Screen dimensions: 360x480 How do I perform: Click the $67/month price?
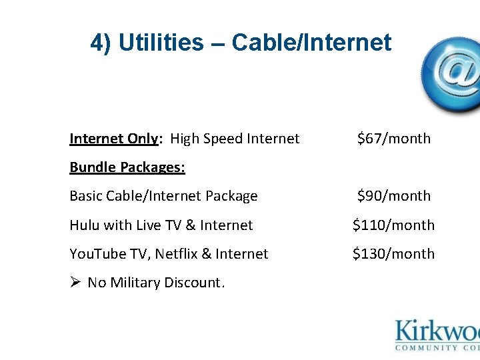point(393,139)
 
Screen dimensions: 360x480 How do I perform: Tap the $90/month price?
point(393,196)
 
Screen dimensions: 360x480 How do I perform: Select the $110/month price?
point(393,225)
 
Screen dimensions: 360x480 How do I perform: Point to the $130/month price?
point(393,254)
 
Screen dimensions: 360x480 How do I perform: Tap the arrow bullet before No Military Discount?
point(75,283)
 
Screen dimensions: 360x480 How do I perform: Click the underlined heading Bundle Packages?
point(127,167)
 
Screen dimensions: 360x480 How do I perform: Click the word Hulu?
point(84,225)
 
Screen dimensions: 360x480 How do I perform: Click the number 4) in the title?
point(101,43)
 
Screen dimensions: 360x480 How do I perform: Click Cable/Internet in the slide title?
point(311,43)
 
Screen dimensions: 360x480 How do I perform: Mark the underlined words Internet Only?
point(114,139)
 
